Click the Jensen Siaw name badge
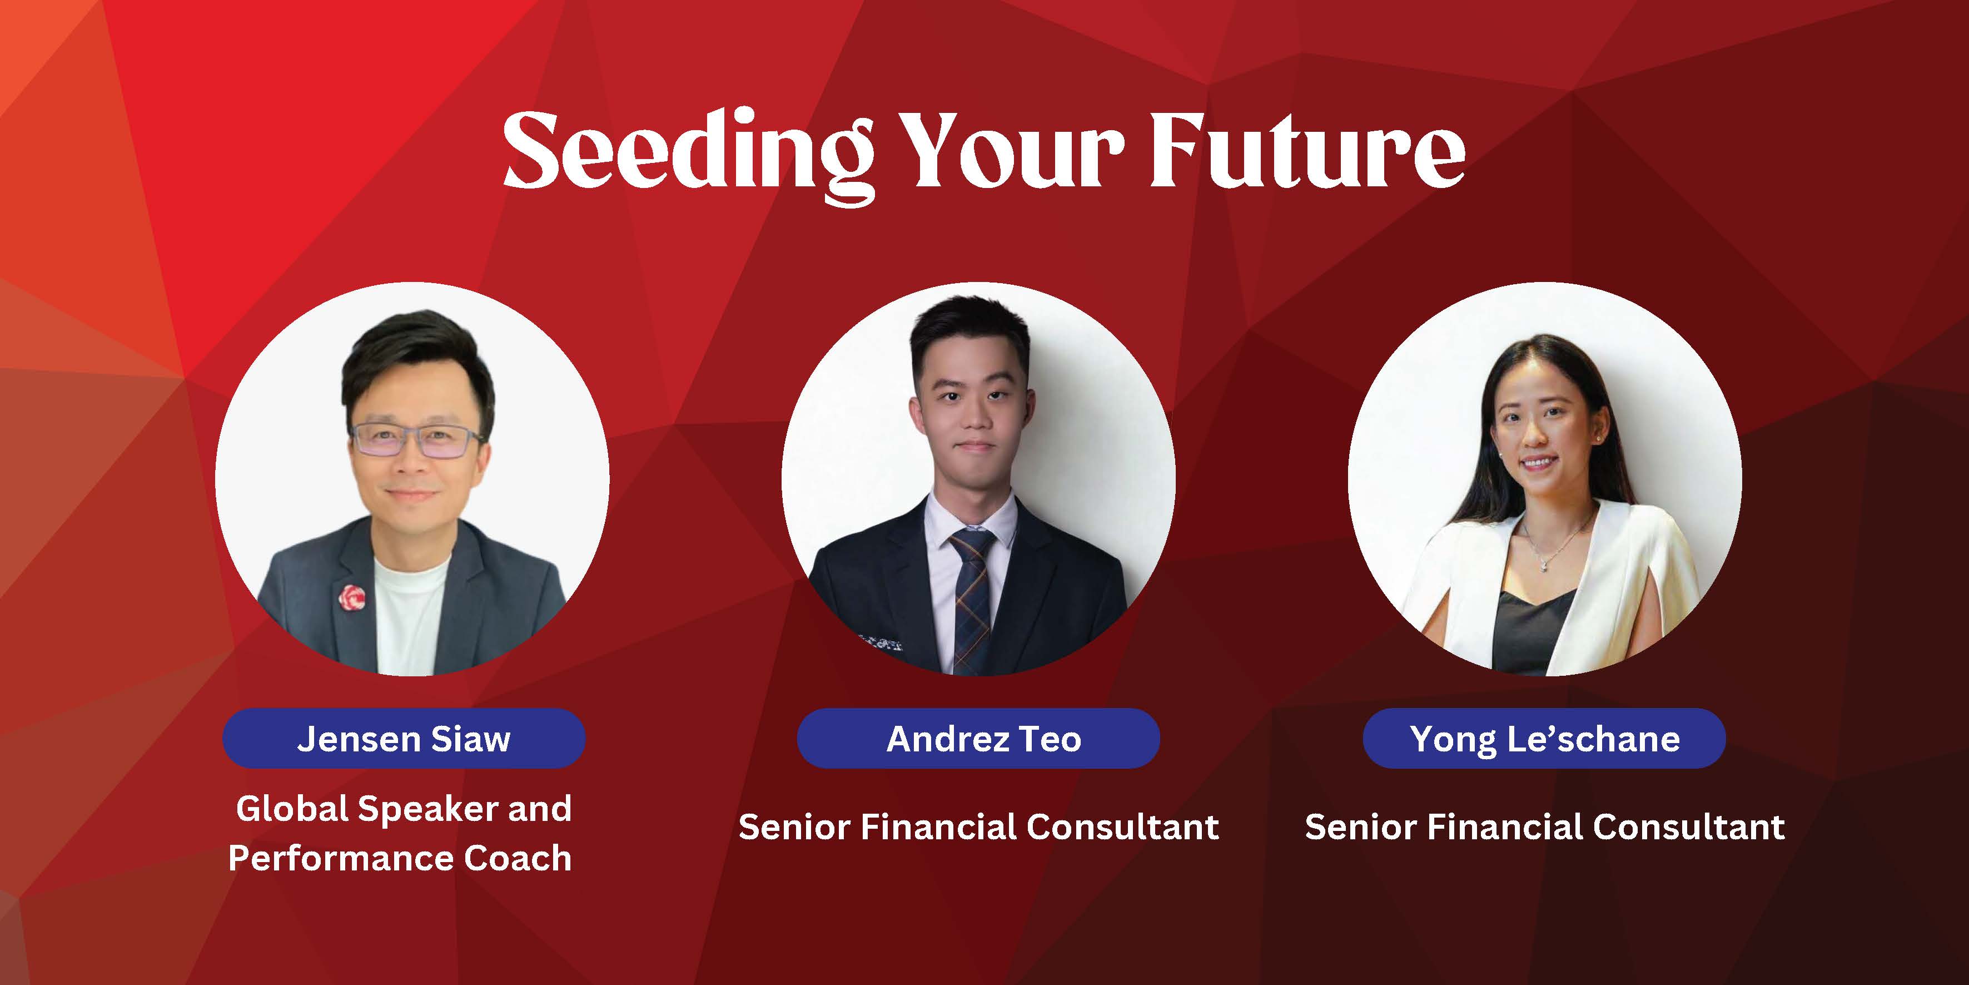(404, 739)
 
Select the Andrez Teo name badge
(978, 739)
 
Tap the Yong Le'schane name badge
(1544, 739)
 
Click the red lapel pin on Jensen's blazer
(352, 597)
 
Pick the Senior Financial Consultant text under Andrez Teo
(978, 826)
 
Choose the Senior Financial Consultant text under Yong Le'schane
(1545, 826)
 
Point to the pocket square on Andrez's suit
(881, 642)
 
